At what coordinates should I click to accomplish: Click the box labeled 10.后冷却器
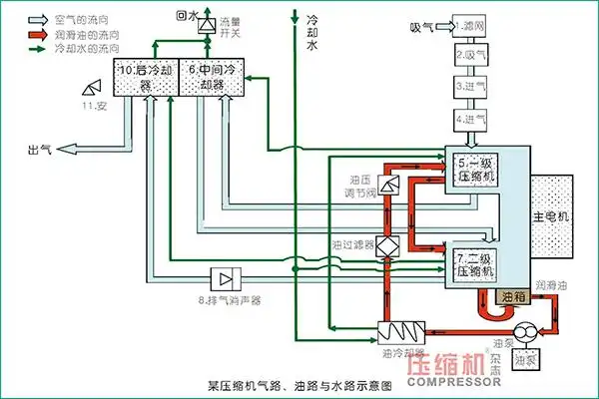[x=146, y=77]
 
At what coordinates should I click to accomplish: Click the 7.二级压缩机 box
[x=477, y=262]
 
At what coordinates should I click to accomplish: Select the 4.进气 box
[x=470, y=119]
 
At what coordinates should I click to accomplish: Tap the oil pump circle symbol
[x=525, y=333]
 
